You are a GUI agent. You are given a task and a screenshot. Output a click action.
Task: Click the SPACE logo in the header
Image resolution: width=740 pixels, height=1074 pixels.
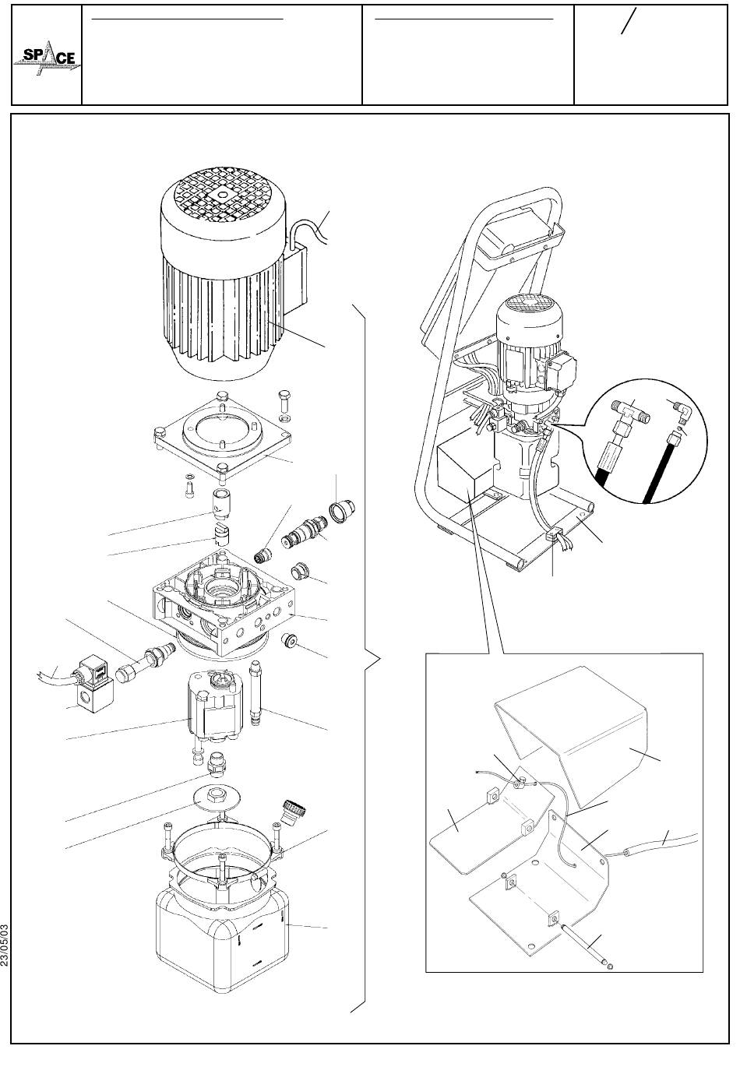pos(47,59)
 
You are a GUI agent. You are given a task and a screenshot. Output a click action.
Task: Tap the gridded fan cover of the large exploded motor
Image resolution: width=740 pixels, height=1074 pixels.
pos(221,196)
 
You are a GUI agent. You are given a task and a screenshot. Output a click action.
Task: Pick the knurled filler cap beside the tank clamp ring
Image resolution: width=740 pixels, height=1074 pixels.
pos(294,811)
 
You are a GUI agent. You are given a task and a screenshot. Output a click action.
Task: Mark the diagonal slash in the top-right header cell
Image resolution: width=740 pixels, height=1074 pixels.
pos(629,21)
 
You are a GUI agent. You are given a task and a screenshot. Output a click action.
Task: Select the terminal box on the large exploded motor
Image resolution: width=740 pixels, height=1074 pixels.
pos(297,278)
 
